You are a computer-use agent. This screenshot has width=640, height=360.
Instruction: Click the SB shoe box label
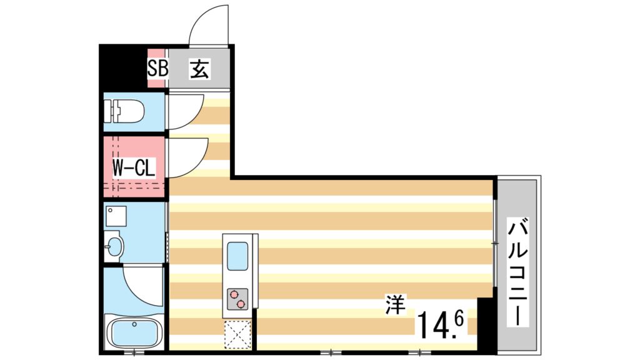[157, 68]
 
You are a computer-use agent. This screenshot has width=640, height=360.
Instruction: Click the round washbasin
[113, 246]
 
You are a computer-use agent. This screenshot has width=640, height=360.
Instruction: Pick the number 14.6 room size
[440, 324]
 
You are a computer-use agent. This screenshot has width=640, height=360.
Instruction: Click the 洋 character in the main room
[394, 306]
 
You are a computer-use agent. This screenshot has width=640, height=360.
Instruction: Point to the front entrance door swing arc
[208, 25]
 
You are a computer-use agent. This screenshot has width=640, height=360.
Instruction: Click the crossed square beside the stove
[237, 332]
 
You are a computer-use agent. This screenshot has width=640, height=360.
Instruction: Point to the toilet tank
[114, 112]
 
